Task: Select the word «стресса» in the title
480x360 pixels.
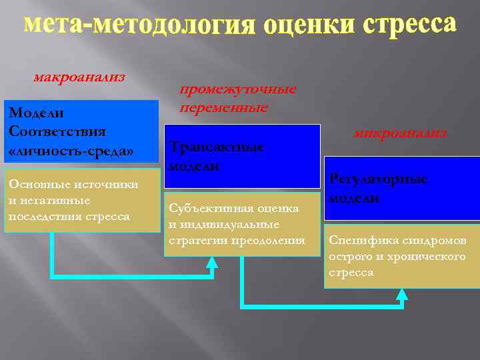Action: click(x=411, y=25)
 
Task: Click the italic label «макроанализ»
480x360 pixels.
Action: click(x=79, y=77)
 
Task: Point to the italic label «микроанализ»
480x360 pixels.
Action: click(x=400, y=133)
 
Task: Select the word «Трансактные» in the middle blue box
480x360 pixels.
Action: click(x=217, y=147)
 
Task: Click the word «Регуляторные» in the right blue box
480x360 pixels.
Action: click(x=378, y=179)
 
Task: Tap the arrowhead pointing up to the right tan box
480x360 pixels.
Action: click(x=402, y=295)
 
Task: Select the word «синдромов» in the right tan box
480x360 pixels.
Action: click(x=431, y=241)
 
